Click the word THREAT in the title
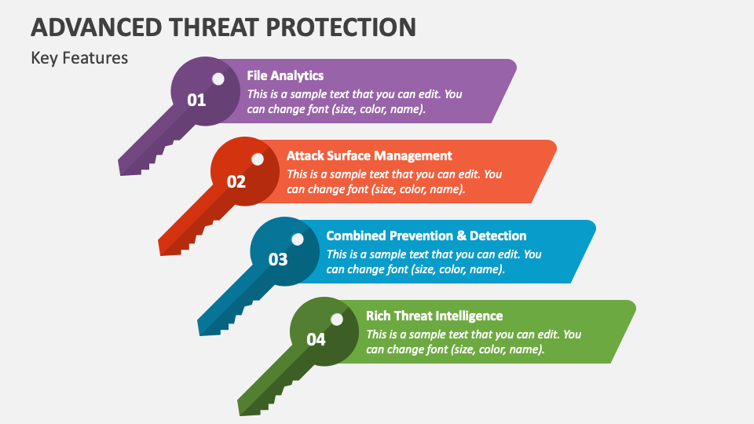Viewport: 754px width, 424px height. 213,27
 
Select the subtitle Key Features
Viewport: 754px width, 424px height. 79,58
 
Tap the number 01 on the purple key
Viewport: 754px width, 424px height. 196,100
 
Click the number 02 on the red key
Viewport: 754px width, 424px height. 236,181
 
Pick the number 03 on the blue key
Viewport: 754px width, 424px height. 278,260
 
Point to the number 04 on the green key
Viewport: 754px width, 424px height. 316,340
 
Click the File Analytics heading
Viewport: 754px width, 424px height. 285,76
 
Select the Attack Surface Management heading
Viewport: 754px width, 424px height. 369,156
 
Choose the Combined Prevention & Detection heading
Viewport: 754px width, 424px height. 426,236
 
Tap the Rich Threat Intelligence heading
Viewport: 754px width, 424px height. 434,316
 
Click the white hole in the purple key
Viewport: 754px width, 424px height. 218,79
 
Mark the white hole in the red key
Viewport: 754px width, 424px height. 258,159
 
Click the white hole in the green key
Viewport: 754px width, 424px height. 337,320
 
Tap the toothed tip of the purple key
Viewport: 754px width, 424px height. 130,166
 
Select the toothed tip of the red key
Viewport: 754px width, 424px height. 170,246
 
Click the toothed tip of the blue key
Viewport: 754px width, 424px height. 209,326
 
